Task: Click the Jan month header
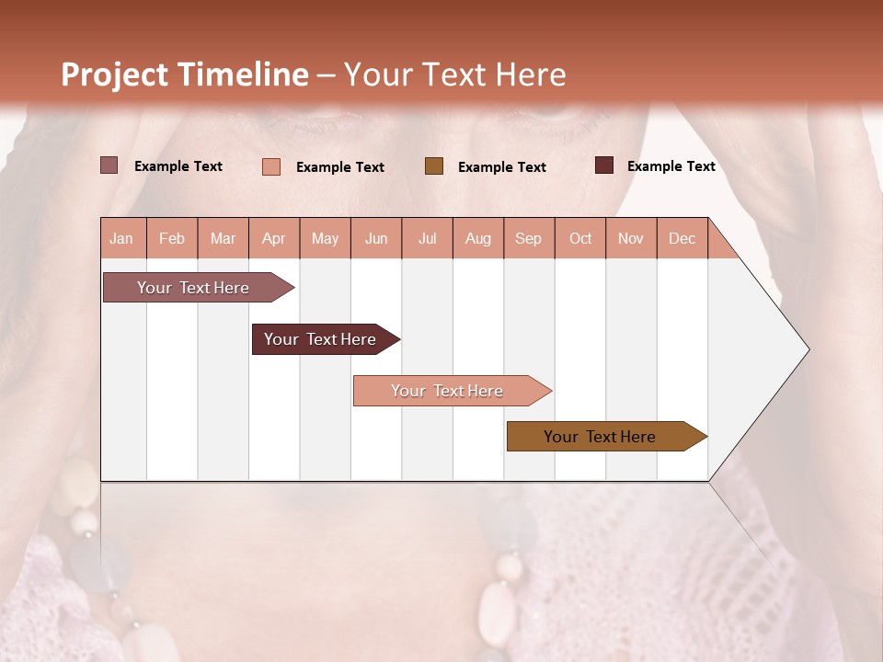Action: (x=122, y=238)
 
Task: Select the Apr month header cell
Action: (x=274, y=238)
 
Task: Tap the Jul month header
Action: (x=427, y=238)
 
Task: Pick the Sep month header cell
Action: (x=529, y=238)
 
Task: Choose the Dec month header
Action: (x=682, y=238)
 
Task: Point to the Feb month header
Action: (x=172, y=238)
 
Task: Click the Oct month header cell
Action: (x=580, y=238)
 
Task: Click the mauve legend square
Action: (x=109, y=165)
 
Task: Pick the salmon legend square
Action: (x=271, y=166)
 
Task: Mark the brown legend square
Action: (x=434, y=166)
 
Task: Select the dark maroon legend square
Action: (x=604, y=165)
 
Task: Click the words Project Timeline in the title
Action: (x=185, y=74)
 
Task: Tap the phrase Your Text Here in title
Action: (x=455, y=74)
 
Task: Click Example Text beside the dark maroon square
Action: (x=671, y=166)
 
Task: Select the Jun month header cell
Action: (x=376, y=238)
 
